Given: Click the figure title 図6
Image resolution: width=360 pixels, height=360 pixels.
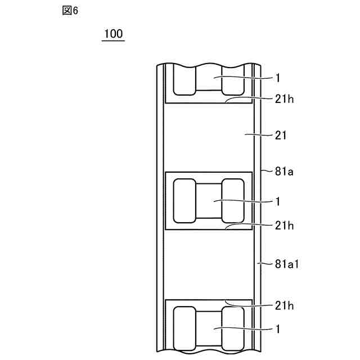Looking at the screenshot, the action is pyautogui.click(x=70, y=11).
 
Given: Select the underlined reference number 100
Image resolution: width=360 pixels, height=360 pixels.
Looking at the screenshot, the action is pyautogui.click(x=114, y=34).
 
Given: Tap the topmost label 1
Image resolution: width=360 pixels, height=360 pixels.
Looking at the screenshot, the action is pyautogui.click(x=278, y=78).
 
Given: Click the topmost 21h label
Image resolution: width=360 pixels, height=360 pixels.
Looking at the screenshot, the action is pyautogui.click(x=284, y=100).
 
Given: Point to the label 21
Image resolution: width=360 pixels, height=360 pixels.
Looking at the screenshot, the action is pyautogui.click(x=281, y=136).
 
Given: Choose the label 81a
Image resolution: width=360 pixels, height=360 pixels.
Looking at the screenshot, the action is pyautogui.click(x=284, y=172).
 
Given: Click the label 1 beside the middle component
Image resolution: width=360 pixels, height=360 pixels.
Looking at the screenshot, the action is pyautogui.click(x=278, y=202).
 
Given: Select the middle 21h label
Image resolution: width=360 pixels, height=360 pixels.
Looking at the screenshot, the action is pyautogui.click(x=284, y=226).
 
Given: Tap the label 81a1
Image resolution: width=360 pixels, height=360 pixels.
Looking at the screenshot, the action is pyautogui.click(x=287, y=264).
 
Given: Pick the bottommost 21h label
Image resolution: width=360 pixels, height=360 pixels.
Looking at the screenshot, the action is pyautogui.click(x=284, y=306).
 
